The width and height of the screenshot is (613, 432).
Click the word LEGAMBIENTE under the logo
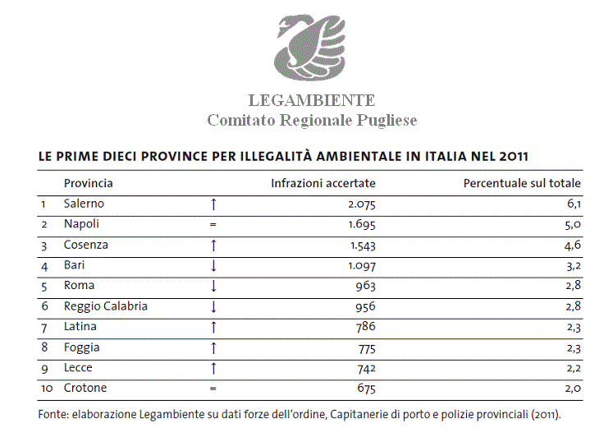tap(311, 100)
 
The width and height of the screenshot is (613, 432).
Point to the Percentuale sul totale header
tap(522, 183)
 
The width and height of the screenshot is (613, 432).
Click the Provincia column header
tap(89, 183)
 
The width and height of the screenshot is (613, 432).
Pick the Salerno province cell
tap(85, 204)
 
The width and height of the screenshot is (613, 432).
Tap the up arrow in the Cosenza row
tap(213, 245)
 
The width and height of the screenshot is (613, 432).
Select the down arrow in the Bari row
tap(213, 265)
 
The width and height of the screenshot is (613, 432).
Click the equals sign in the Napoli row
tap(213, 224)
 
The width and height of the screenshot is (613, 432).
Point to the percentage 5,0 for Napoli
tap(573, 224)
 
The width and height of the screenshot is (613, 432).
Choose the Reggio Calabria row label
tap(106, 306)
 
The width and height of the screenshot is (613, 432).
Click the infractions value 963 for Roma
tap(364, 286)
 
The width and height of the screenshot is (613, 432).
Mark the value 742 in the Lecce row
tap(364, 368)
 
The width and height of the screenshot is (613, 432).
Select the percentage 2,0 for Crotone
tap(573, 388)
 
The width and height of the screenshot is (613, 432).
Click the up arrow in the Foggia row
tap(213, 347)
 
